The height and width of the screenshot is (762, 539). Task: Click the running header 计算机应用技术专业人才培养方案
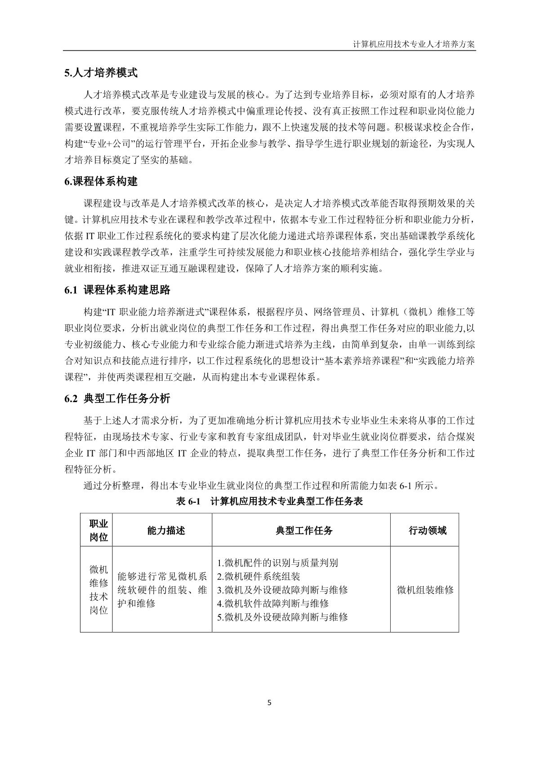click(x=414, y=44)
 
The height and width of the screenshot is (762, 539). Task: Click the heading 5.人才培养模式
click(x=101, y=73)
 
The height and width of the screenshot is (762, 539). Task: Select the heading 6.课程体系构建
click(x=101, y=182)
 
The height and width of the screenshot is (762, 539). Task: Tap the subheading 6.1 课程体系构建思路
click(x=117, y=290)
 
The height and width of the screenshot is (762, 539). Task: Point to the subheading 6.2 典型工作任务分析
click(x=117, y=399)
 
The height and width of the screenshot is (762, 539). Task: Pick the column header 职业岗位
click(x=98, y=530)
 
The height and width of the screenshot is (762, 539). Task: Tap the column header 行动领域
click(x=427, y=531)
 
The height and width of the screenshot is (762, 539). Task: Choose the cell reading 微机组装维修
click(x=425, y=590)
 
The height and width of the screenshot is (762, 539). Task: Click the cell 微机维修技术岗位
click(x=98, y=590)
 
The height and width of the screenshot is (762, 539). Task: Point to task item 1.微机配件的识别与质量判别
click(x=277, y=563)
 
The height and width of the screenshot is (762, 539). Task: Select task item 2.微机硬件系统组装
click(x=258, y=576)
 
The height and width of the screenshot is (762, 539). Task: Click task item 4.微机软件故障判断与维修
click(x=273, y=603)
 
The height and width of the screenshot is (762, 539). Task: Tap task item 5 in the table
click(x=282, y=617)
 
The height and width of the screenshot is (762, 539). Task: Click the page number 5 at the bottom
click(x=269, y=703)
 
